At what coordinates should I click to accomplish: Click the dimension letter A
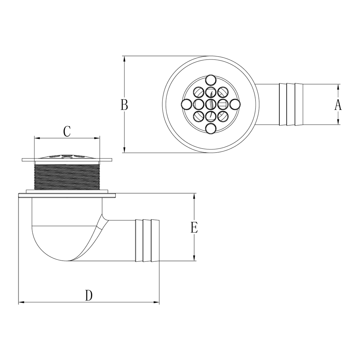(338, 106)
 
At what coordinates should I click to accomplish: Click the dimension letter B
(124, 105)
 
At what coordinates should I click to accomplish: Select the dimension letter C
(67, 131)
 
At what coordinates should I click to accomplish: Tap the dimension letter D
(89, 295)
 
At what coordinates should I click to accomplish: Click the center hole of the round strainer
(211, 104)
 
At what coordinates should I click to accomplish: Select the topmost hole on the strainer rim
(211, 80)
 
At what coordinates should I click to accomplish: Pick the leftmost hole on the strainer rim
(186, 104)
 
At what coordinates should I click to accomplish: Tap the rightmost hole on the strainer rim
(235, 104)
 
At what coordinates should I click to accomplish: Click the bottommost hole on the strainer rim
(211, 129)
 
